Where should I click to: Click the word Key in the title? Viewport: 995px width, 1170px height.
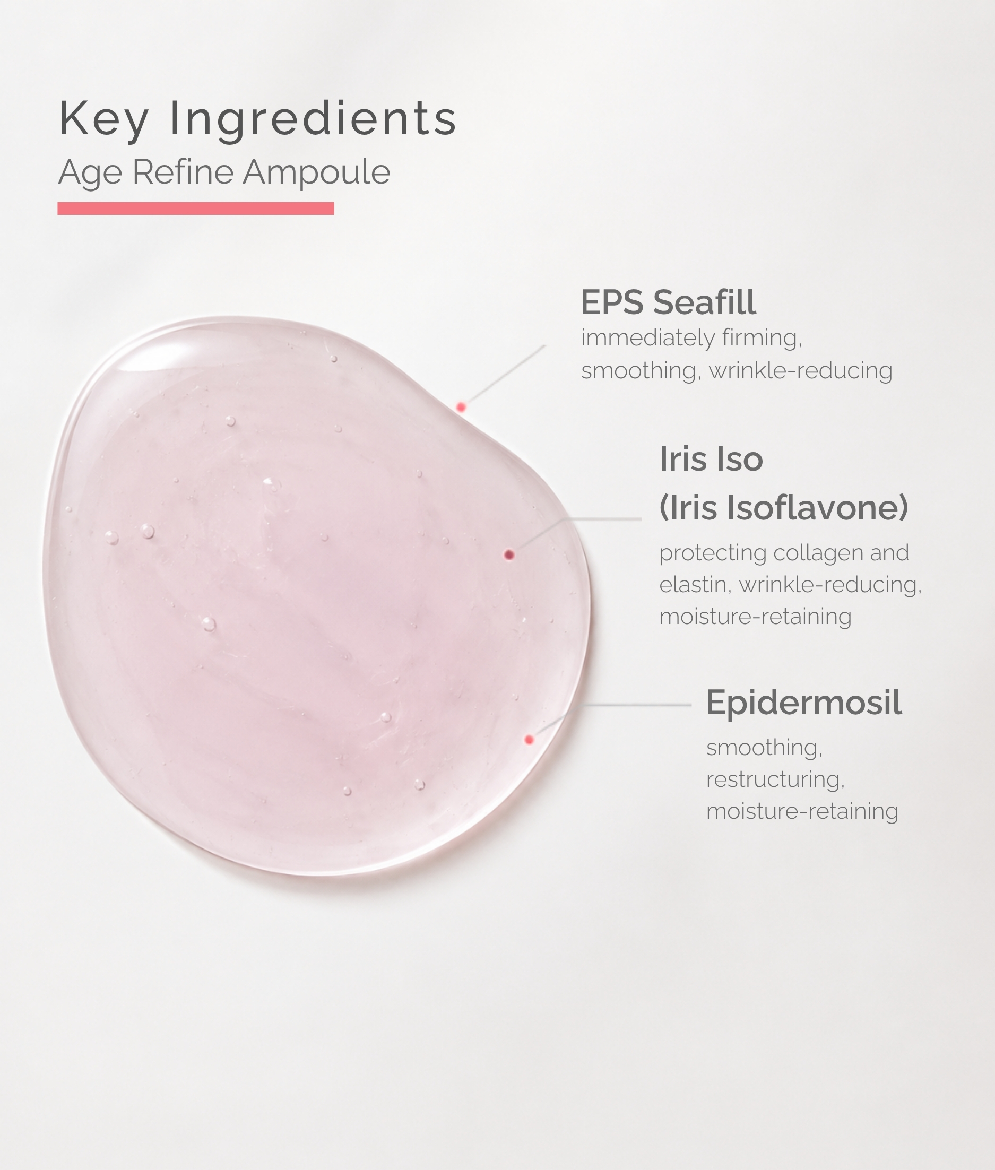104,118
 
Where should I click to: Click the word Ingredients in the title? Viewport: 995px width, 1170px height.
313,118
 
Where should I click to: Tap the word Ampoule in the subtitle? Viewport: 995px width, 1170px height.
316,172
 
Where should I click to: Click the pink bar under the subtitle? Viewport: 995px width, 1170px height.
196,208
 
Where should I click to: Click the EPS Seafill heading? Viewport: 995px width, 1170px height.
669,302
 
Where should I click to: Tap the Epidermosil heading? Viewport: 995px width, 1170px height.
804,703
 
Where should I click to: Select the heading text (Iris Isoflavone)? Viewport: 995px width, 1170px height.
784,507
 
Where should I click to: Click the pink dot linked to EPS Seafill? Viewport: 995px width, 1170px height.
461,406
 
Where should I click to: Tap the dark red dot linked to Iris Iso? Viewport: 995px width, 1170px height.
509,555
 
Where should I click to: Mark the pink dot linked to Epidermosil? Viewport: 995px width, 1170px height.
529,740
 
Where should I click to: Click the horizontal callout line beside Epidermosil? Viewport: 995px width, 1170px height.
637,705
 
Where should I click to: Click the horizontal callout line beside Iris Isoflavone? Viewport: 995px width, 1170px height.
606,519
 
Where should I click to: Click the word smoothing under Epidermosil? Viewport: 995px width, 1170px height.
764,748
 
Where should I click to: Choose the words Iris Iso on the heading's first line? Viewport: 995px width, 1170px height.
711,459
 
